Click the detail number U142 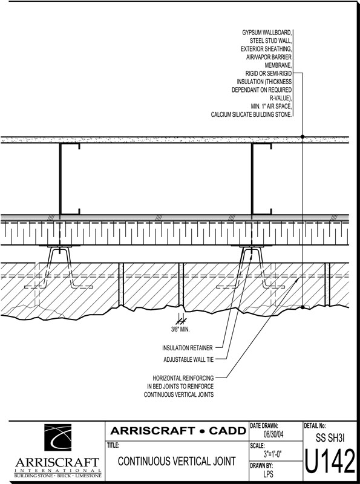[x=330, y=461]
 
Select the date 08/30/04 [x=273, y=434]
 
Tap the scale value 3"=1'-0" [x=273, y=454]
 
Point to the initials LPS [x=268, y=474]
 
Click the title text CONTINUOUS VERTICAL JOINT [x=177, y=461]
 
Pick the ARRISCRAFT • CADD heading [x=178, y=431]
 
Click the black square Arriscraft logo [x=57, y=437]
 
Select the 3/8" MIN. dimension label [x=181, y=329]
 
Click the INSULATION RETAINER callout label [x=188, y=348]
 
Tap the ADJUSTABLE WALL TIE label [x=189, y=359]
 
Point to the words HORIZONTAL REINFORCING [x=183, y=378]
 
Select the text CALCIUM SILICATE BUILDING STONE [x=251, y=114]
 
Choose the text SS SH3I [x=330, y=437]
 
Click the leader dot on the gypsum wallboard [x=303, y=137]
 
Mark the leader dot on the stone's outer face [x=303, y=307]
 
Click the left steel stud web [x=60, y=178]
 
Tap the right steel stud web [x=252, y=178]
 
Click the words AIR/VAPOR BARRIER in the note [x=269, y=57]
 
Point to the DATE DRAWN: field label [x=264, y=426]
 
